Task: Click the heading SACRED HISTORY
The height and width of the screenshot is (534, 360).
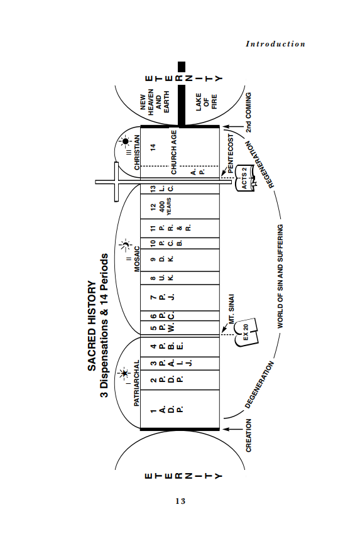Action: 92,325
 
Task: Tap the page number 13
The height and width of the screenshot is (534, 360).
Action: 180,501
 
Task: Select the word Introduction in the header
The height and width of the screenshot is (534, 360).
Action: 275,44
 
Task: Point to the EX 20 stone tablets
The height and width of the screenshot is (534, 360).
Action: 246,332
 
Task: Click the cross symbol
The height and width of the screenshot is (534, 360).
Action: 117,182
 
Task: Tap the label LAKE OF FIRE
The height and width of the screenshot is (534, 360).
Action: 206,102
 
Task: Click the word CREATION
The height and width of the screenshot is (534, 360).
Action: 249,435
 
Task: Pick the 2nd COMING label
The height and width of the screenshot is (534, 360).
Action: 249,112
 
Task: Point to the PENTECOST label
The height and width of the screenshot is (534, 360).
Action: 231,153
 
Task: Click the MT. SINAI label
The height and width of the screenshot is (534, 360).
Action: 232,309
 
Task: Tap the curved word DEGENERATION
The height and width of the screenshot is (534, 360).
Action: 259,385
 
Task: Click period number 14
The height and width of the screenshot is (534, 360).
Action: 153,148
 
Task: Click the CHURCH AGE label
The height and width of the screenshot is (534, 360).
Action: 173,152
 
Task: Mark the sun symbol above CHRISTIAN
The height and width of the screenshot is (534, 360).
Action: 125,141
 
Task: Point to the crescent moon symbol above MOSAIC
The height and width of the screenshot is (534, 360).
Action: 125,245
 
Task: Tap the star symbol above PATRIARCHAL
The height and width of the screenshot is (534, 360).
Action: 124,373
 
